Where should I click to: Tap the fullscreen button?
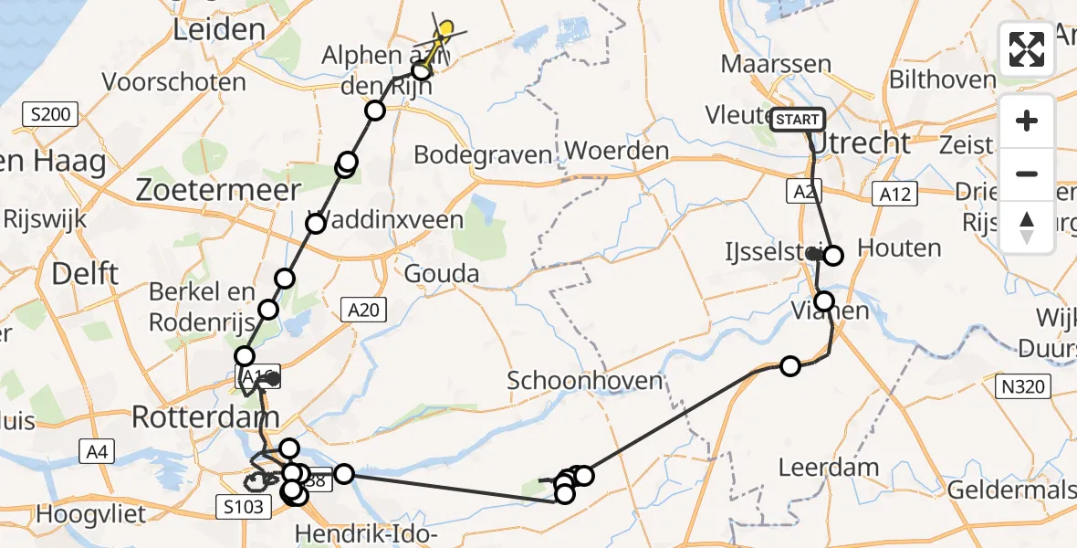1027,49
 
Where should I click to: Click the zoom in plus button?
1027,121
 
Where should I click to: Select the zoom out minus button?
1027,174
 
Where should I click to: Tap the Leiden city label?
219,29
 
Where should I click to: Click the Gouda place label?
441,273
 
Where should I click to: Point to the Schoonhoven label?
584,380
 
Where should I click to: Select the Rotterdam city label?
204,417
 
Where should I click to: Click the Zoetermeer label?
218,190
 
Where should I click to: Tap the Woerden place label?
617,151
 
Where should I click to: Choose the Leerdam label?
829,469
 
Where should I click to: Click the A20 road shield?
364,311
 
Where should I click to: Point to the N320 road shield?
1021,387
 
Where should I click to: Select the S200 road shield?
49,115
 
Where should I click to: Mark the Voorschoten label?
174,82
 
